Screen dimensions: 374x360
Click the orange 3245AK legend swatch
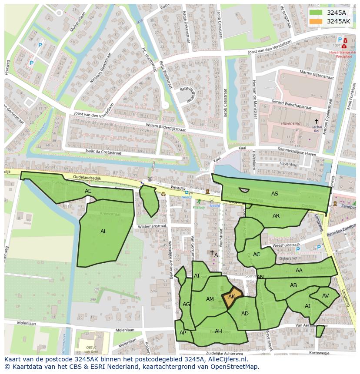(x=316, y=21)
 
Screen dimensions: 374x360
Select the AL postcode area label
(x=103, y=232)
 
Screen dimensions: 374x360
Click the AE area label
(x=88, y=191)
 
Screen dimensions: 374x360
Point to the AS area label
(x=275, y=194)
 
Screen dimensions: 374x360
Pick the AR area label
(x=276, y=216)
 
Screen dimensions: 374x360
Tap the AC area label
(x=257, y=255)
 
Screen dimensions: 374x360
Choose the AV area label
(x=326, y=296)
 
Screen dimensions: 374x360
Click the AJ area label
(x=308, y=306)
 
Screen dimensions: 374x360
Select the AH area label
(x=218, y=331)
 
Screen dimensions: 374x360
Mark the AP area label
(x=183, y=333)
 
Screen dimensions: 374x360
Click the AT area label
(x=197, y=276)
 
